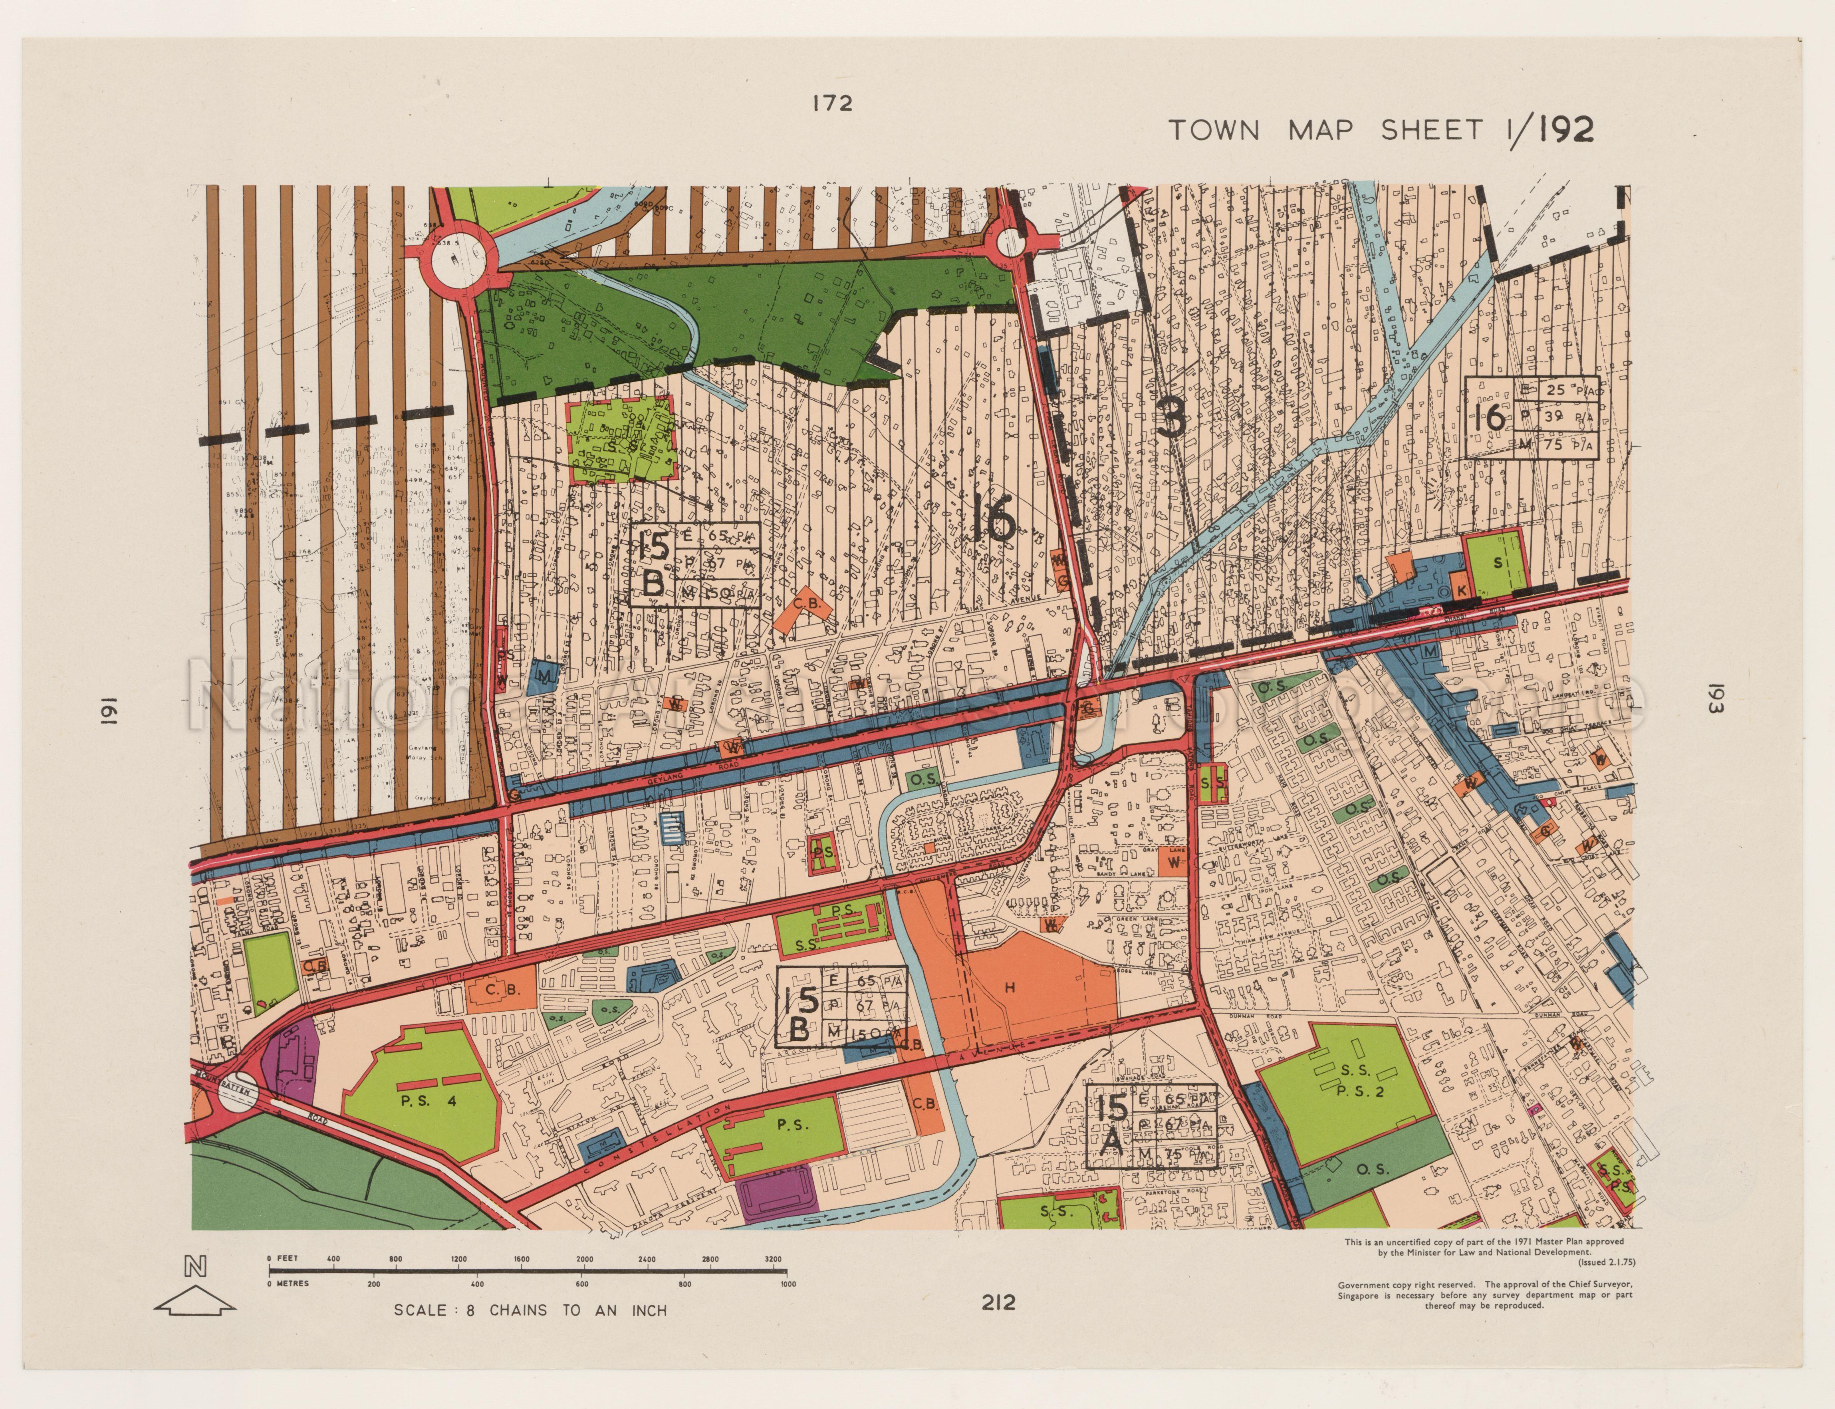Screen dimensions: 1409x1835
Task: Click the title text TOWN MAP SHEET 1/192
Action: pyautogui.click(x=1381, y=131)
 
